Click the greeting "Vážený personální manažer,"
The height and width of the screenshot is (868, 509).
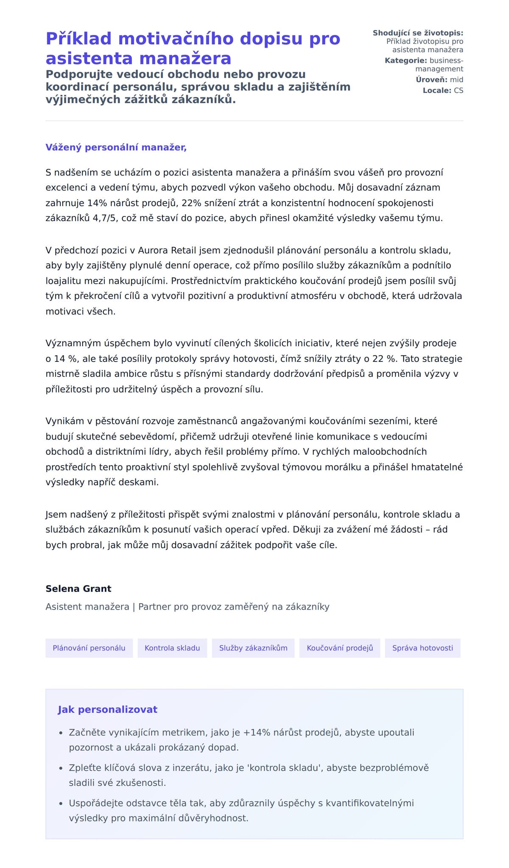click(x=116, y=147)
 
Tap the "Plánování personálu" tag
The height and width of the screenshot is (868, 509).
click(x=89, y=648)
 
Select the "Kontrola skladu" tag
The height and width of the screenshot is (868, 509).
click(x=172, y=648)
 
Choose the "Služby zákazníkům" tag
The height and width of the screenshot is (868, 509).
click(x=253, y=648)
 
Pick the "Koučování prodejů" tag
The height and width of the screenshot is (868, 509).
click(x=340, y=648)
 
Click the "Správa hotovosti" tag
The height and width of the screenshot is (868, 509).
click(x=422, y=648)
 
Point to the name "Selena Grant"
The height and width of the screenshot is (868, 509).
click(x=78, y=588)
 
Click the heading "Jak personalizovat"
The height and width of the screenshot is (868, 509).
click(x=107, y=709)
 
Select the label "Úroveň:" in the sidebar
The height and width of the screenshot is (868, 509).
click(x=431, y=80)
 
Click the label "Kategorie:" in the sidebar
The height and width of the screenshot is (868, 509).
click(x=406, y=61)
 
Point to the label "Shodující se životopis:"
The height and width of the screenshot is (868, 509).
click(x=418, y=33)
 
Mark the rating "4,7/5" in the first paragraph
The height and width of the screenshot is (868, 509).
click(x=106, y=218)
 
